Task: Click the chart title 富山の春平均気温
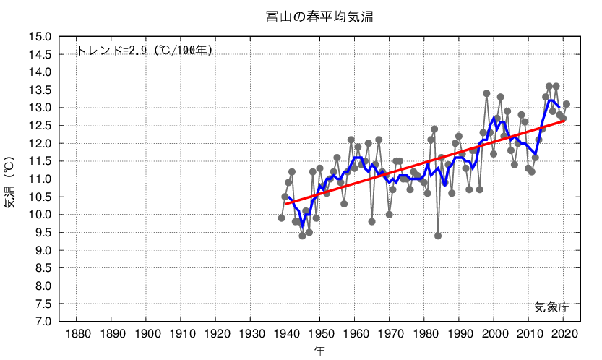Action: (319, 17)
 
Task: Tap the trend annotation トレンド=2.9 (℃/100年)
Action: (144, 51)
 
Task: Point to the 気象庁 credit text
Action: (552, 307)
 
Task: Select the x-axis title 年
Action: (319, 351)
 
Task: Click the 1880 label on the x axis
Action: (77, 333)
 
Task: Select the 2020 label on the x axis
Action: (564, 333)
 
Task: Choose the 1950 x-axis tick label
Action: (321, 333)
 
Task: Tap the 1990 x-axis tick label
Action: (460, 333)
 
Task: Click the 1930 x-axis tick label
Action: (251, 333)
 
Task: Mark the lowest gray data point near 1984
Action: (438, 236)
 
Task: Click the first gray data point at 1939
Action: (282, 218)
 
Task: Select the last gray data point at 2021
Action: (567, 104)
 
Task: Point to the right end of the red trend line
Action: (564, 120)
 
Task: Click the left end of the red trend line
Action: (285, 204)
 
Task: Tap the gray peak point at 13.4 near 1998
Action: (486, 93)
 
